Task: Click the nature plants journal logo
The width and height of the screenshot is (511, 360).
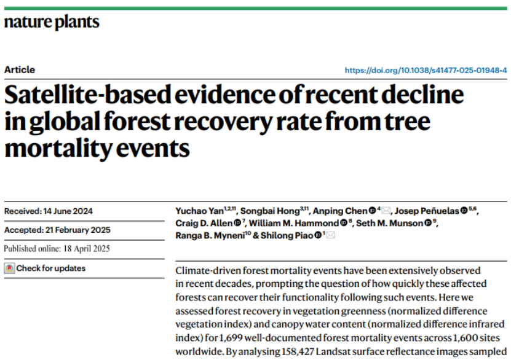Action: pos(52,22)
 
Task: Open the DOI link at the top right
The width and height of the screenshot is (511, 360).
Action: pos(426,70)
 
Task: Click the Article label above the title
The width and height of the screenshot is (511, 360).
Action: pos(20,69)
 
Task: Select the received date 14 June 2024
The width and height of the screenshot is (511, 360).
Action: pos(68,211)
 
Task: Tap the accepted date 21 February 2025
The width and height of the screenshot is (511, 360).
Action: pos(77,230)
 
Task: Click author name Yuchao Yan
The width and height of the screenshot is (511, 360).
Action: pos(199,211)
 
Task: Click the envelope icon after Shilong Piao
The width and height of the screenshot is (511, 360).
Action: pos(331,235)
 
